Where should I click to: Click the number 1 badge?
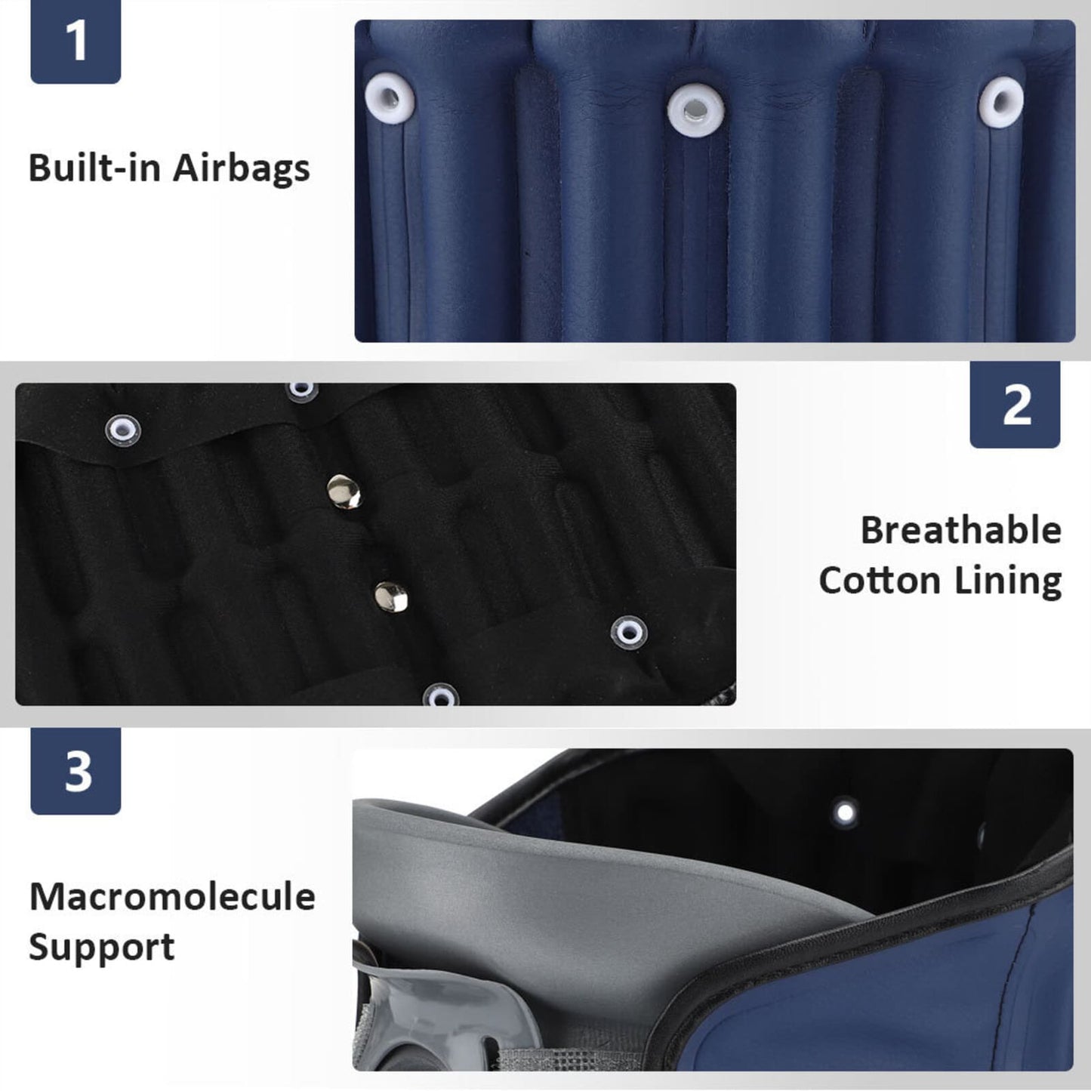[x=76, y=41]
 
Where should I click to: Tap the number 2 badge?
[x=1015, y=404]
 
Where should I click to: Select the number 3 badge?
[x=76, y=771]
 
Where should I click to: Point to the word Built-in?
[x=94, y=168]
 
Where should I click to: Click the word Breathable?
[x=961, y=531]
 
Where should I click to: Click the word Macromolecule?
[x=172, y=897]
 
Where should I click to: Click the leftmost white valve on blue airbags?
[x=390, y=100]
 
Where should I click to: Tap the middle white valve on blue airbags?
[x=696, y=110]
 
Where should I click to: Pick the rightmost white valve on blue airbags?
[x=1002, y=103]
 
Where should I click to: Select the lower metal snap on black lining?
[x=391, y=596]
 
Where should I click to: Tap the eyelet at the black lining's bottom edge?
[x=440, y=695]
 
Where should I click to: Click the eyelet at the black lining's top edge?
[x=302, y=390]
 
